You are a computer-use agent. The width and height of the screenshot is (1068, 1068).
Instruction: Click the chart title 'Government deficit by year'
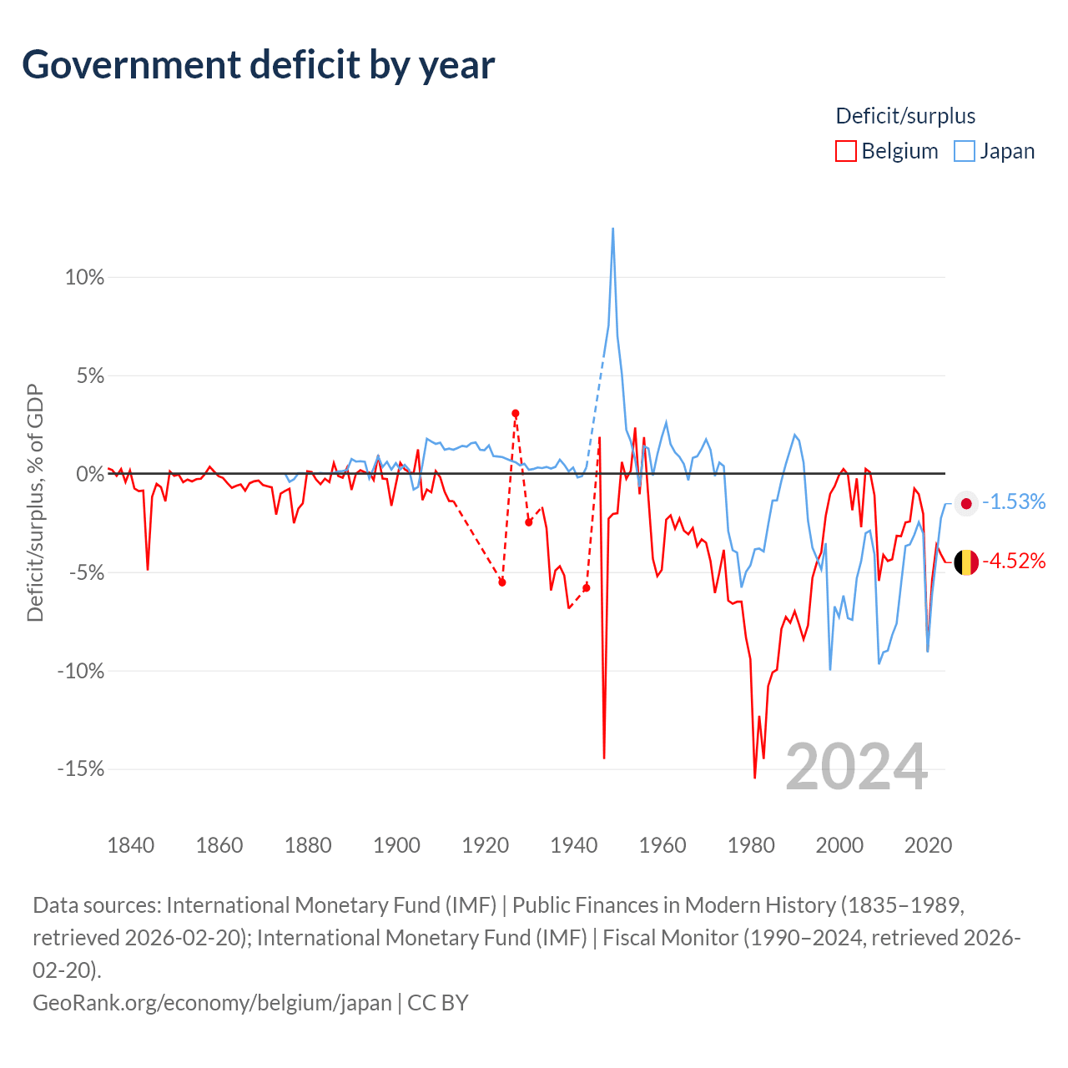point(258,66)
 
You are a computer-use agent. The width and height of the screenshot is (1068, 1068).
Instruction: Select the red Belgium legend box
point(845,151)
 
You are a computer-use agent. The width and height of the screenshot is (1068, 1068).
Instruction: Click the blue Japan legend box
point(964,151)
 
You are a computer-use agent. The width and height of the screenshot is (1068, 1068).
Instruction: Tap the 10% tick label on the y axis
point(85,277)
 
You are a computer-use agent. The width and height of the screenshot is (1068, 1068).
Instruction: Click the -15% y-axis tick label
point(81,768)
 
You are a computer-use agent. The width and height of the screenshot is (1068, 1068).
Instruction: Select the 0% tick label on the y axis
point(90,474)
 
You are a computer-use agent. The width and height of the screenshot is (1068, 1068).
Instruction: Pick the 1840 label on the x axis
point(131,845)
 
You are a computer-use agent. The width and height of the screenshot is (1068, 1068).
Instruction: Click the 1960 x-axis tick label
point(662,845)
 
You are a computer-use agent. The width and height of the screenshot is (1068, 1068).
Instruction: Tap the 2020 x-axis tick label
point(928,845)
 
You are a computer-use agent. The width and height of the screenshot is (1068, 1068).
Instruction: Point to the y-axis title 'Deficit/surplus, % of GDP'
point(36,502)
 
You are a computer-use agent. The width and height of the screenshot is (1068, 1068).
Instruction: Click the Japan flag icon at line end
point(966,503)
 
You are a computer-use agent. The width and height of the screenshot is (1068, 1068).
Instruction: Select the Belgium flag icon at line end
point(966,562)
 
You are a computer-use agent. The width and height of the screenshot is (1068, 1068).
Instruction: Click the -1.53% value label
point(1014,501)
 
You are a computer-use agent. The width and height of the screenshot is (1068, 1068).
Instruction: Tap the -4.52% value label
point(1014,561)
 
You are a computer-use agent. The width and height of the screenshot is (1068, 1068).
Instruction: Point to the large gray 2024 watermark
point(856,767)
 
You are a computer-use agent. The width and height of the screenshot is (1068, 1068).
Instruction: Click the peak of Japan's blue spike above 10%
point(612,229)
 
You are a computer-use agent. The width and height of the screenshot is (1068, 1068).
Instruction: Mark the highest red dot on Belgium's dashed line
point(516,414)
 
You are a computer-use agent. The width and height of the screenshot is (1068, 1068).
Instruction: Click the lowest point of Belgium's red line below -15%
point(754,778)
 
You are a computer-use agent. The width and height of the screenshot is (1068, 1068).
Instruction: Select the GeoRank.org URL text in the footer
point(212,1003)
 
